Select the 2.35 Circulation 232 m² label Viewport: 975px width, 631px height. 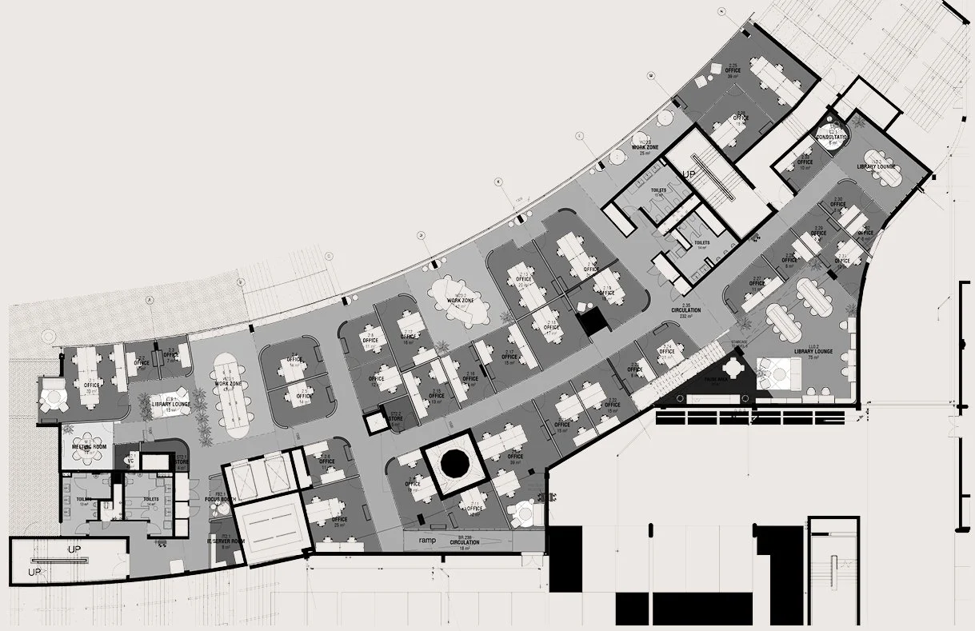(x=685, y=312)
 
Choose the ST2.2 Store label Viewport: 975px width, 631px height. (x=394, y=418)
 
